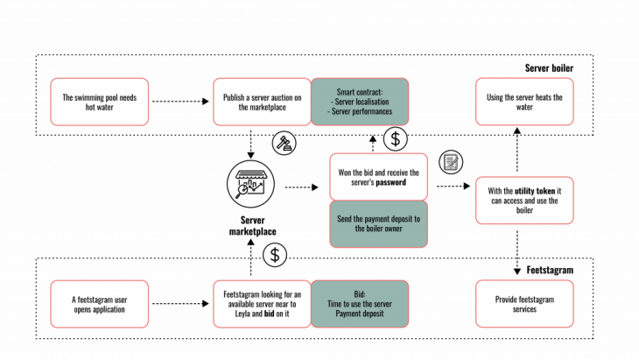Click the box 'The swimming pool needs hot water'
(100, 102)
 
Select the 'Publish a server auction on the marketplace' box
(262, 102)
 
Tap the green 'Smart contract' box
(360, 102)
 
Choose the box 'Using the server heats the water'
(524, 102)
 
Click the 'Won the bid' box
(378, 177)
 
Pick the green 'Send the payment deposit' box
(378, 223)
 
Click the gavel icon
(284, 144)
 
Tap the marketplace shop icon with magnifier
(251, 184)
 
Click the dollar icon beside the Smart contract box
(396, 138)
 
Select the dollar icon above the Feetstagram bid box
(275, 255)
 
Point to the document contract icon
(451, 162)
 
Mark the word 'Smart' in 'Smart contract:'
(347, 92)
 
